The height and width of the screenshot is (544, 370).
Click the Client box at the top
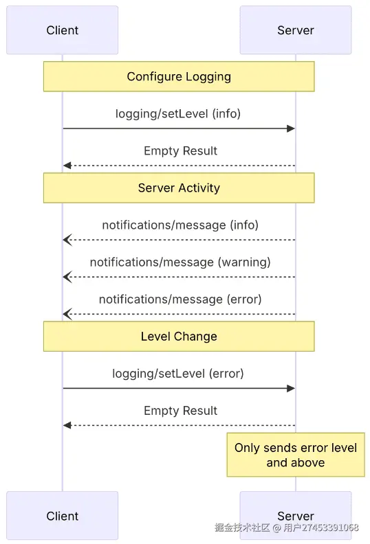pos(62,30)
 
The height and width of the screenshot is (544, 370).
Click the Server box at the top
pos(295,30)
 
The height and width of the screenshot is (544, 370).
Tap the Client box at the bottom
pos(62,515)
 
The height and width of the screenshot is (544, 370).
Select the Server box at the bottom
pos(295,515)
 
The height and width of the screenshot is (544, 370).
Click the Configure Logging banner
pos(179,76)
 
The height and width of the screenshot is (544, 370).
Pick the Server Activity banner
pos(179,188)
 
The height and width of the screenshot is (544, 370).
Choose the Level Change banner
pos(179,336)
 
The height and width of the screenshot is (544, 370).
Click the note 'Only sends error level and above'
pos(296,455)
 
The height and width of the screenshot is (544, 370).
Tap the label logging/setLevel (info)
pos(178,113)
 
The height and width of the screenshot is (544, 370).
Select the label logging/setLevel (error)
pos(178,374)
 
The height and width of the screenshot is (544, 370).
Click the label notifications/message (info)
pos(180,225)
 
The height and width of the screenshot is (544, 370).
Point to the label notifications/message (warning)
pos(180,262)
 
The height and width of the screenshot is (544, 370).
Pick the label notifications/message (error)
pos(180,299)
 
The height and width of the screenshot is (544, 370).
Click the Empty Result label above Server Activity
pos(180,150)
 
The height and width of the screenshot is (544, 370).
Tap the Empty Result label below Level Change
pos(180,411)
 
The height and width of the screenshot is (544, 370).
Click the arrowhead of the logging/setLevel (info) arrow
pos(291,128)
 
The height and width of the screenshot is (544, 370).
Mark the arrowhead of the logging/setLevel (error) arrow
pos(291,388)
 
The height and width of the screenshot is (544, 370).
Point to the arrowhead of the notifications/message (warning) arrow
pos(67,277)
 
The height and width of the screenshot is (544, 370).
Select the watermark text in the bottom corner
pos(286,528)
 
